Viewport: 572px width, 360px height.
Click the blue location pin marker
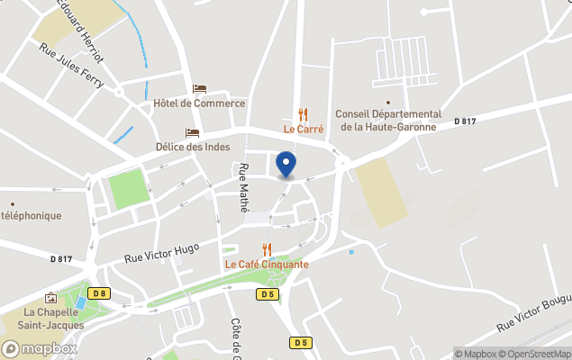click(286, 165)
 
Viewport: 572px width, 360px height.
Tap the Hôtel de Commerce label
click(199, 103)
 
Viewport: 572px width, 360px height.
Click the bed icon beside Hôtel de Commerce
click(200, 89)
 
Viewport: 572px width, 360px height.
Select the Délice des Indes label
click(192, 147)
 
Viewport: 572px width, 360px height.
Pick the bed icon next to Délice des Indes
click(192, 132)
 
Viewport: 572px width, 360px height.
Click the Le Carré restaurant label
click(304, 129)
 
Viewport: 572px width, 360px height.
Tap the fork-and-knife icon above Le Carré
click(304, 114)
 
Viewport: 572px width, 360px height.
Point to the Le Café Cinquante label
click(267, 265)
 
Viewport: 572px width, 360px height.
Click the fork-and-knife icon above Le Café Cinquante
click(267, 249)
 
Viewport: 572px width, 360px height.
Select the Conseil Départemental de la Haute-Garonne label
click(387, 121)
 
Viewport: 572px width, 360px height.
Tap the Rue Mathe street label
click(243, 187)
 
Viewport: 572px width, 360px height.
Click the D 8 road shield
click(99, 293)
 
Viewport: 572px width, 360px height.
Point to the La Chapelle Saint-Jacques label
click(54, 319)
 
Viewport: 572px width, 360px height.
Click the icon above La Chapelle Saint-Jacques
click(50, 298)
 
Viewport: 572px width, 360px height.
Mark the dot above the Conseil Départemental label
click(387, 103)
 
